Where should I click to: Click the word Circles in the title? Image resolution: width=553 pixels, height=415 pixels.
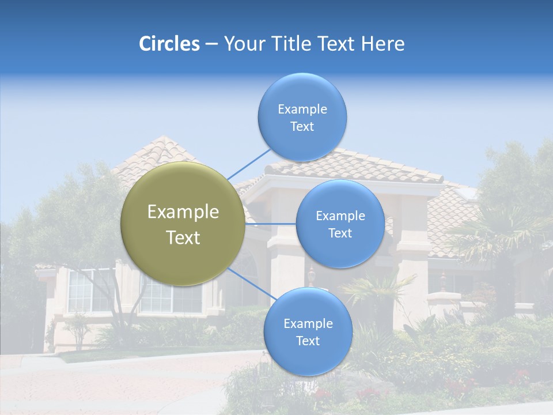[169, 44]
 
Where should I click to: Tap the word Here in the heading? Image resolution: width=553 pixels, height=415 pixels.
[383, 44]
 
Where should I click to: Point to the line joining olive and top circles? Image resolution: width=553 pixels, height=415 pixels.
[249, 163]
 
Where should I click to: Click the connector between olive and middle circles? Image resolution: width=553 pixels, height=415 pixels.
[271, 224]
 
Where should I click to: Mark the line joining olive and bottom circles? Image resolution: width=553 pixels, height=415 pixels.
[249, 284]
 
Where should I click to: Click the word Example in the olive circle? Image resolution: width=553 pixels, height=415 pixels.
[183, 212]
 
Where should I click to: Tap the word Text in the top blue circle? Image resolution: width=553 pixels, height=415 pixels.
[302, 127]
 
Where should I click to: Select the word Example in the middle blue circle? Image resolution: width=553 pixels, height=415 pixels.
[340, 216]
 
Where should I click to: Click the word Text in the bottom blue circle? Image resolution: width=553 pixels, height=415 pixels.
[308, 341]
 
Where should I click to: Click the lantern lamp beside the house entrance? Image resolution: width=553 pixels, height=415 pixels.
[312, 276]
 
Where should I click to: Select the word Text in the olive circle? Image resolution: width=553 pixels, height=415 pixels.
[183, 237]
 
